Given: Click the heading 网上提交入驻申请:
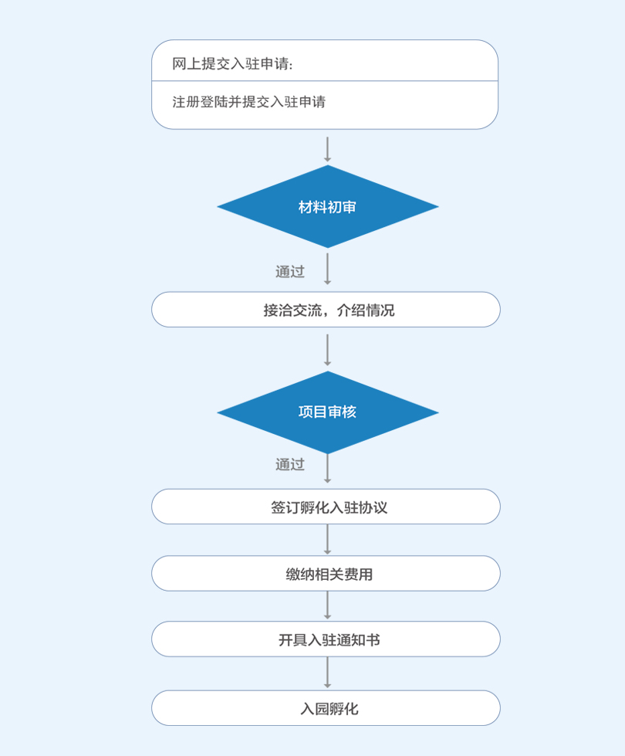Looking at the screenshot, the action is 232,63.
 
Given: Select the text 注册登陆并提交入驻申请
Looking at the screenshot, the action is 248,102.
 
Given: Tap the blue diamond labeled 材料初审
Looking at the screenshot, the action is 328,206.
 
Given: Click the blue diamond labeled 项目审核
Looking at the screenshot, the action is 328,412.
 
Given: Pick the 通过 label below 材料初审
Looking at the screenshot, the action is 290,272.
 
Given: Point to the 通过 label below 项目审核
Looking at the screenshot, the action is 290,464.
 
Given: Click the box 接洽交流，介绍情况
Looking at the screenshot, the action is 326,310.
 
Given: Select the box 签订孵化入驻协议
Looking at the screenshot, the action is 326,507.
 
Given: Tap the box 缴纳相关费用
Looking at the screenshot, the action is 326,573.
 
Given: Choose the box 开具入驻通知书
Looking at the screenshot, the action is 326,639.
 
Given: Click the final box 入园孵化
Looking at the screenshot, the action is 326,708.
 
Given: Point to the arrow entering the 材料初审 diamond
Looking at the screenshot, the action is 328,150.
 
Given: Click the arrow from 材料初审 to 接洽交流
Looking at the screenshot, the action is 328,269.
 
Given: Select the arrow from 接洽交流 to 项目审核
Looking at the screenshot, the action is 328,350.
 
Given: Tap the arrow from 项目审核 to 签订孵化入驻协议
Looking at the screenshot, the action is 328,469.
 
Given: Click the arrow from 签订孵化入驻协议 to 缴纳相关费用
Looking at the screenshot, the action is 328,540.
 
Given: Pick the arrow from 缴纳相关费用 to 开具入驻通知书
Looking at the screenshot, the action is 328,605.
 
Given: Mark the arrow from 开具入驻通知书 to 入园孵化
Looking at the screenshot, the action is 328,673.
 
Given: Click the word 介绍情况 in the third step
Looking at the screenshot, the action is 366,310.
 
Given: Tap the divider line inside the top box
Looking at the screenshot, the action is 325,81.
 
